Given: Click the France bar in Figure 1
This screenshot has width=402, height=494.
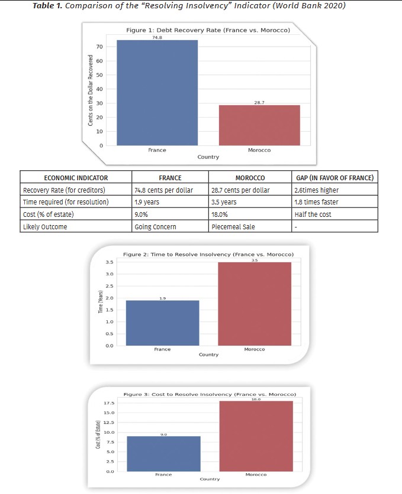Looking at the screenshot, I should pyautogui.click(x=157, y=93).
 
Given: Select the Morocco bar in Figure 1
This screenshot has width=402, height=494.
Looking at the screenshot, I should pyautogui.click(x=259, y=125).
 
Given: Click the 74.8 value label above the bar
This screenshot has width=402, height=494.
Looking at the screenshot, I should pyautogui.click(x=157, y=37).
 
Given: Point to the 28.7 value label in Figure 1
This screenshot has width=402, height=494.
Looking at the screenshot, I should pyautogui.click(x=259, y=102).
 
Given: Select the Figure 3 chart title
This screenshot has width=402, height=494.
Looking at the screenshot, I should pyautogui.click(x=210, y=394).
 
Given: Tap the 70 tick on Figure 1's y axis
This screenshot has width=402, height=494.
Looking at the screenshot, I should pyautogui.click(x=100, y=47).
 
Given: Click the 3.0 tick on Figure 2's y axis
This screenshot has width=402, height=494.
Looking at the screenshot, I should pyautogui.click(x=110, y=274).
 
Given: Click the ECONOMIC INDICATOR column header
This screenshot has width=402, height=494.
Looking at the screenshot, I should pyautogui.click(x=76, y=177).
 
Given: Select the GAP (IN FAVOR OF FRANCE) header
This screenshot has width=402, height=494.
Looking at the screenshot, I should pyautogui.click(x=335, y=177).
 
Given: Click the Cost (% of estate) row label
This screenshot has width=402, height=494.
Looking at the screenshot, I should pyautogui.click(x=49, y=214).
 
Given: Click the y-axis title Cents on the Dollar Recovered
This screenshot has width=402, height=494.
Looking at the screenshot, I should pyautogui.click(x=91, y=90).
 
